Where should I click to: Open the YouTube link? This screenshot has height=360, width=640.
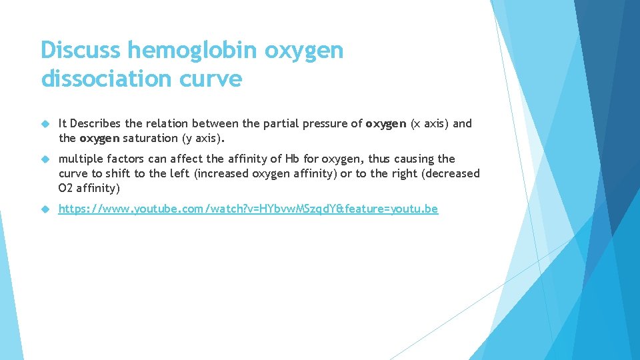point(248,209)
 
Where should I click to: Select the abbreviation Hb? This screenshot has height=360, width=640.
point(289,159)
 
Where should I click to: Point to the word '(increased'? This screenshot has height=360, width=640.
point(223,173)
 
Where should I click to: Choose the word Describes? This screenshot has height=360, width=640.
point(96,123)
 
